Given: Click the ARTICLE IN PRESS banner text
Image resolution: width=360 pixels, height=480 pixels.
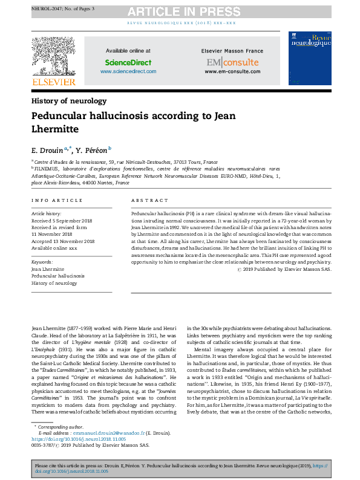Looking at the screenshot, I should pyautogui.click(x=180, y=11).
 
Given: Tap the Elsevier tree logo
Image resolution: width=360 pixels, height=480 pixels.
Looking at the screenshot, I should pyautogui.click(x=54, y=56).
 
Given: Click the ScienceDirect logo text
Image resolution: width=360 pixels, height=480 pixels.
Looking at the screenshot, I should pyautogui.click(x=128, y=62).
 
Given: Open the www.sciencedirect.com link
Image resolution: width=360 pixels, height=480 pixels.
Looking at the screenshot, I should pyautogui.click(x=128, y=71).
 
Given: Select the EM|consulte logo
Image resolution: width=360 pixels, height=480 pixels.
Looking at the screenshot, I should pyautogui.click(x=232, y=62).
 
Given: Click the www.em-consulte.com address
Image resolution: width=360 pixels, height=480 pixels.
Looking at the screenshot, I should pyautogui.click(x=232, y=71).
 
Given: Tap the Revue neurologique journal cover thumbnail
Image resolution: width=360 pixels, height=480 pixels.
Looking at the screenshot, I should pyautogui.click(x=309, y=59).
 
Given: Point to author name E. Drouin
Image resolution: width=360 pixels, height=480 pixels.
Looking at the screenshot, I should pyautogui.click(x=48, y=149).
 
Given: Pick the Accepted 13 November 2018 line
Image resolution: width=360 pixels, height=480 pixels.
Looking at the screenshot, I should pyautogui.click(x=63, y=241).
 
